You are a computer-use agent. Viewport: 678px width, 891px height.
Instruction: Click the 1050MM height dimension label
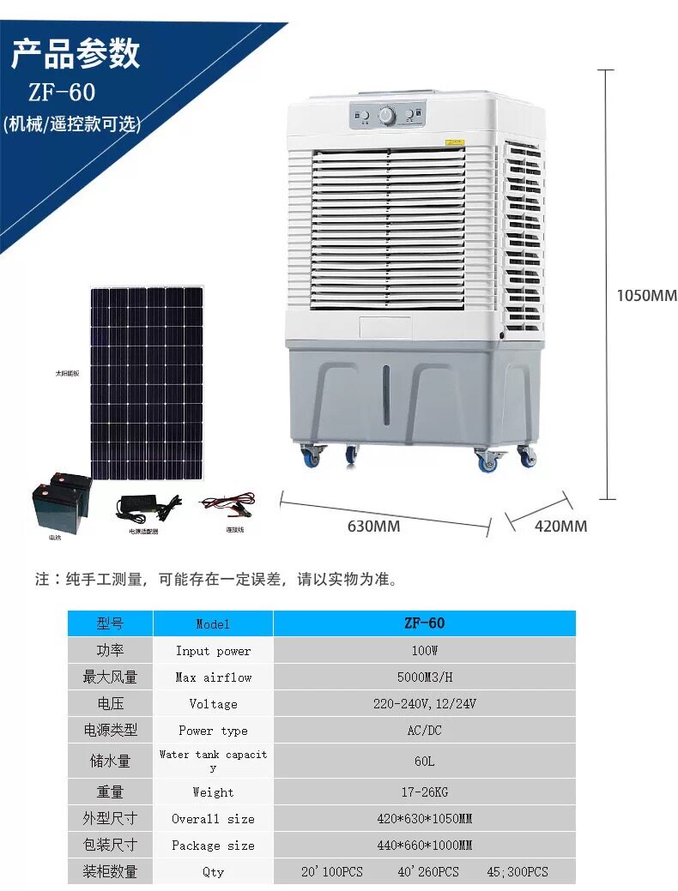646,296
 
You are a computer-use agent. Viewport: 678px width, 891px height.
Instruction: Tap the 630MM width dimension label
373,526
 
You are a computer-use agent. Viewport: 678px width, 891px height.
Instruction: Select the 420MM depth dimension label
560,526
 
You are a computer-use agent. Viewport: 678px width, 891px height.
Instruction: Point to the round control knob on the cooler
387,115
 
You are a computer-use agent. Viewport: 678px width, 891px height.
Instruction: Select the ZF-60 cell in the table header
424,623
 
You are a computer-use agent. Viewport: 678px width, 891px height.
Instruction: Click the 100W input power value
424,651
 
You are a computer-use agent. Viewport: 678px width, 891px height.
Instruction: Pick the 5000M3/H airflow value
424,677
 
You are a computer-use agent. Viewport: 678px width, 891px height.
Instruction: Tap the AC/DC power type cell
424,731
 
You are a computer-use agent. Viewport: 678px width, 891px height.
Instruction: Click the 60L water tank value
424,761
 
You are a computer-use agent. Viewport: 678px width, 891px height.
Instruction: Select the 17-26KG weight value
424,792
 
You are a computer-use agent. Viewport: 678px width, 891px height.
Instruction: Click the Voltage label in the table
213,704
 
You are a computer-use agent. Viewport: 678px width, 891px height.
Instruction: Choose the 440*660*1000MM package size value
424,845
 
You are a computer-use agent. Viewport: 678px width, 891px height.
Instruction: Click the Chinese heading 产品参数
76,54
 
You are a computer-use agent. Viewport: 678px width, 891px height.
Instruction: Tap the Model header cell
213,624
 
